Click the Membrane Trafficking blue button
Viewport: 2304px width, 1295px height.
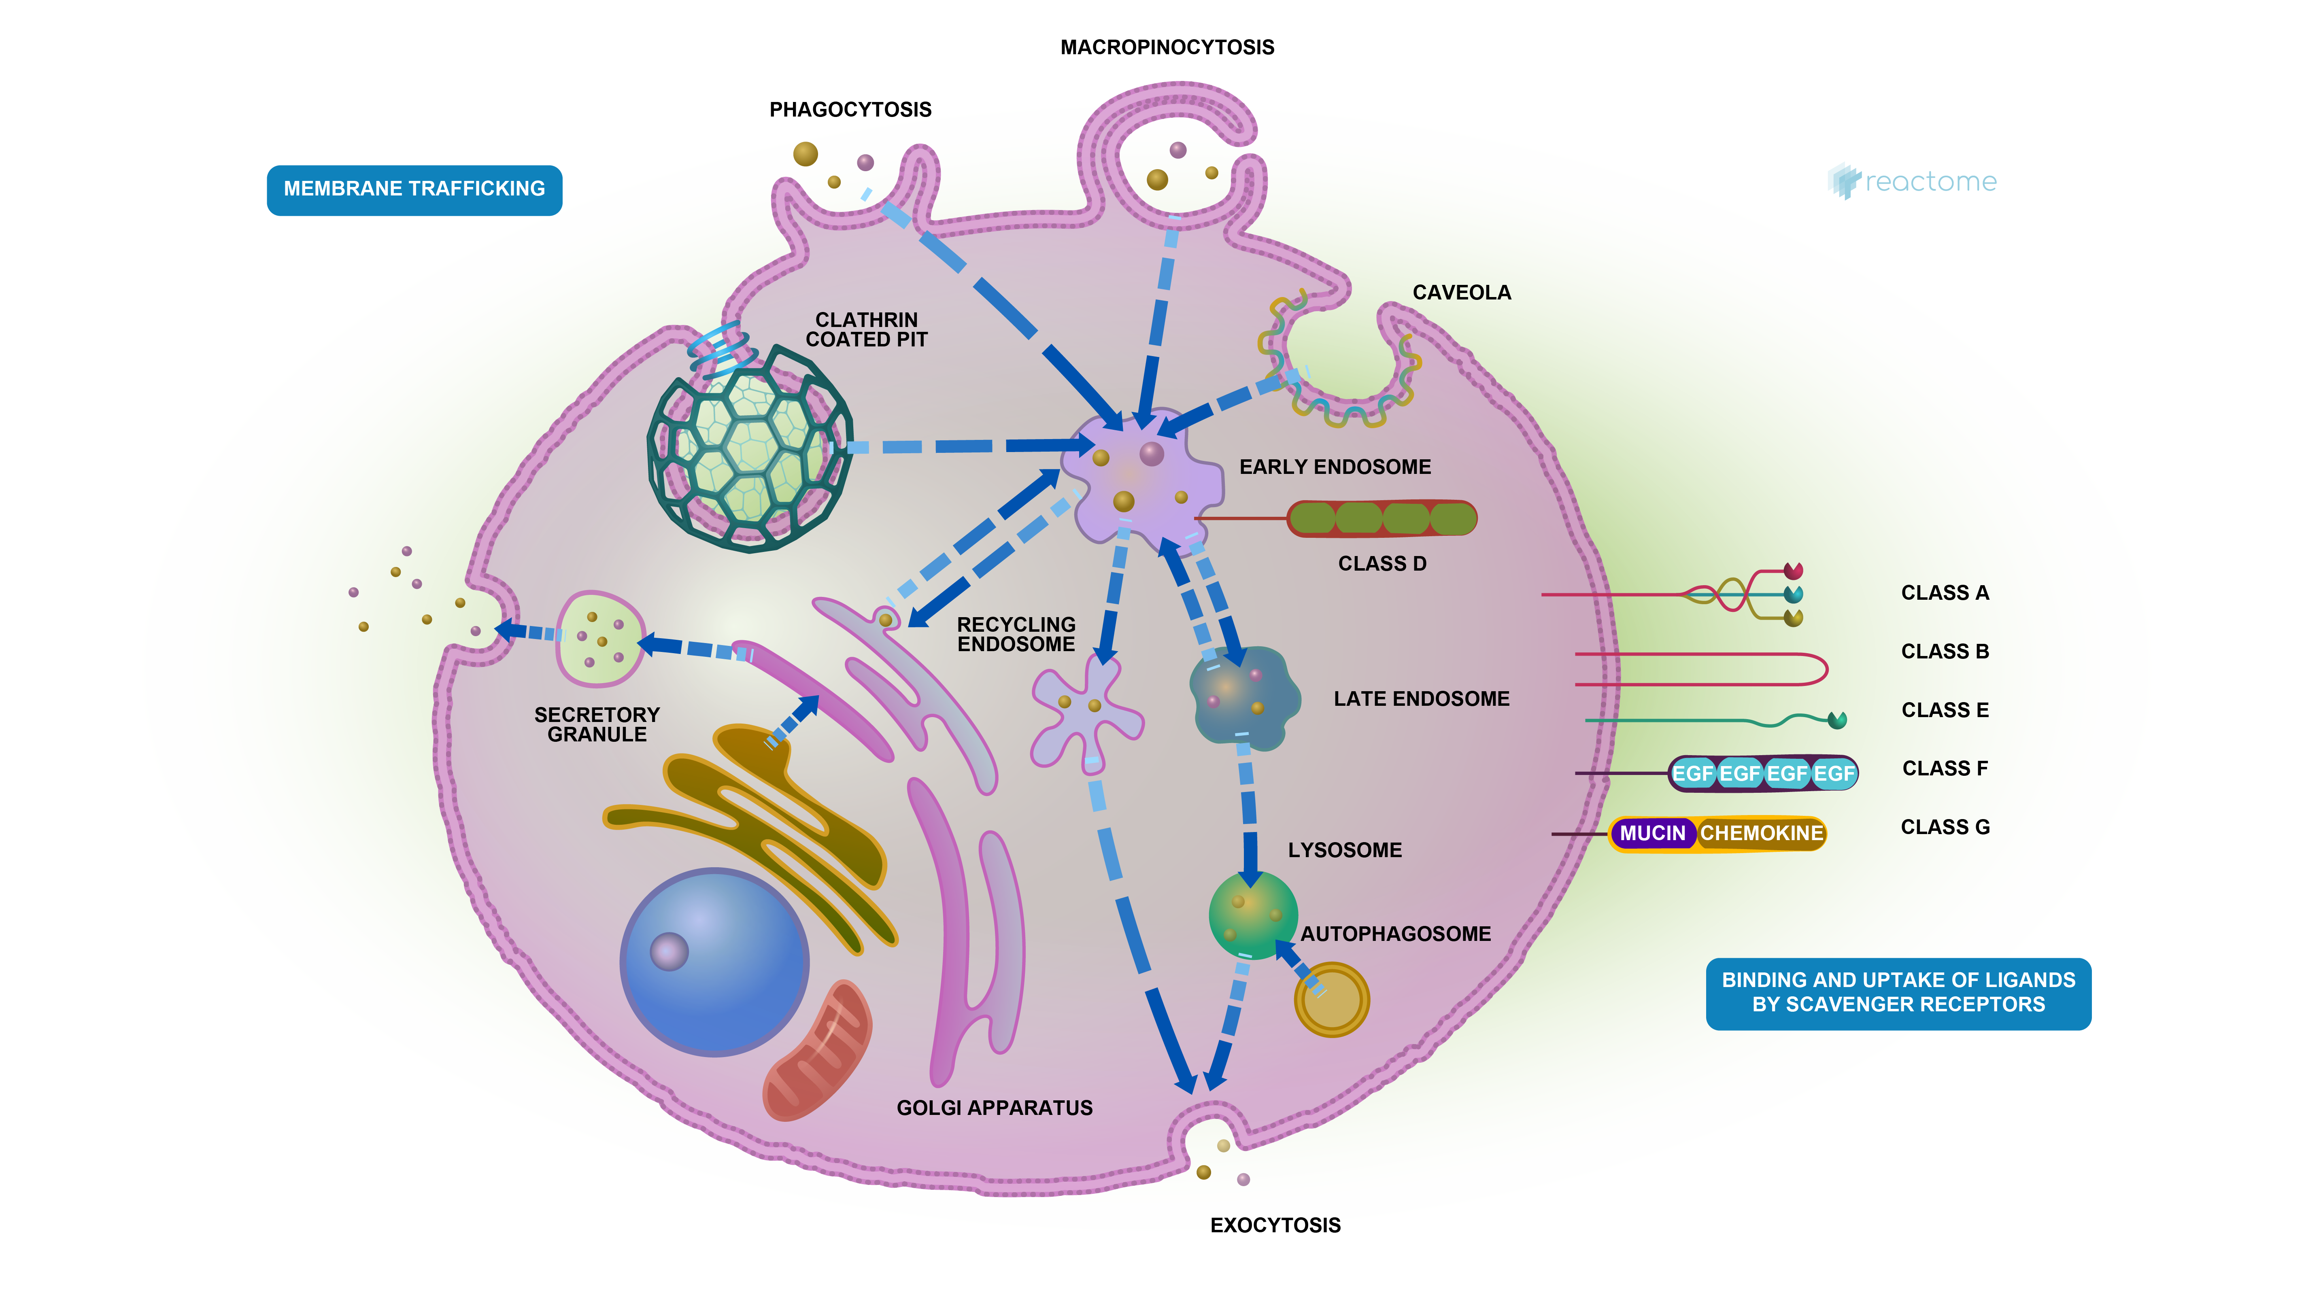(x=414, y=190)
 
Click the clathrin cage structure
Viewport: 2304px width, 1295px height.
(x=750, y=447)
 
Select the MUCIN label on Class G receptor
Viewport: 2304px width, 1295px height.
(x=1652, y=834)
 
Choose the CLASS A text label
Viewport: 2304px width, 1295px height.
(x=1945, y=593)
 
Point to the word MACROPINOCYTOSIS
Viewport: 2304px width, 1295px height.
(x=1166, y=47)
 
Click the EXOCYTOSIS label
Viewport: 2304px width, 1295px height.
(x=1275, y=1225)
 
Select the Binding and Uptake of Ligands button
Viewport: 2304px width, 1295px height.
(x=1898, y=993)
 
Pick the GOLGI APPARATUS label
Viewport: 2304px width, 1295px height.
(x=994, y=1108)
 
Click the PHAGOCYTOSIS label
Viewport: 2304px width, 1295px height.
(x=850, y=110)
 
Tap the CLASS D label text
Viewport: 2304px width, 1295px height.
(x=1382, y=563)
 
